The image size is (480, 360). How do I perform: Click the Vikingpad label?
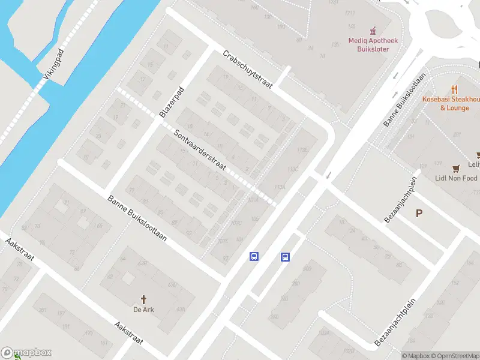[x=53, y=65]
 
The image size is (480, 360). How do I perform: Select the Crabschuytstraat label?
[x=247, y=69]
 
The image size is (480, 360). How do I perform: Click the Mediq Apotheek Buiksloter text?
[x=373, y=44]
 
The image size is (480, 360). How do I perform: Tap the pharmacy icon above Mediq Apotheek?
[x=373, y=30]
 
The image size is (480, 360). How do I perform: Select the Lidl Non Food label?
[x=457, y=178]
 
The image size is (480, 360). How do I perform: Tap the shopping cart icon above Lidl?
[x=457, y=167]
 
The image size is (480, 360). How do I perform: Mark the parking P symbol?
[x=419, y=213]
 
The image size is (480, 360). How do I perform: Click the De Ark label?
[x=143, y=310]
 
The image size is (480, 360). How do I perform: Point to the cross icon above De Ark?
[x=143, y=299]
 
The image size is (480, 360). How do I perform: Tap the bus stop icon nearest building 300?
[x=284, y=257]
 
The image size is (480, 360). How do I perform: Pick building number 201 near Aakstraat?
[x=42, y=310]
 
